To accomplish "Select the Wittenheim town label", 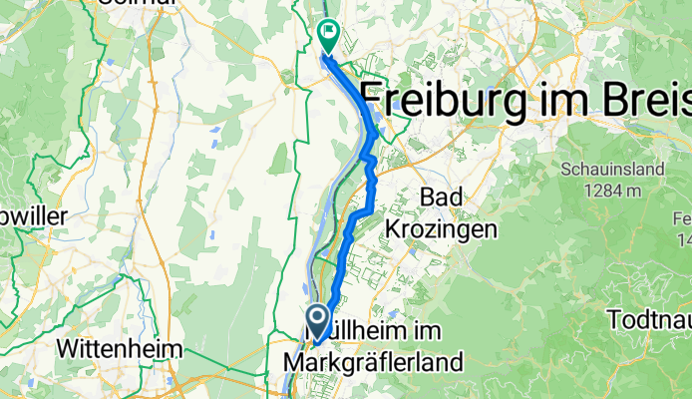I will (120, 349).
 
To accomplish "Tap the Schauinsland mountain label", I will (612, 170).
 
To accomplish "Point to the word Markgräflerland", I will (373, 360).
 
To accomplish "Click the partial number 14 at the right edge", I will (684, 239).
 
